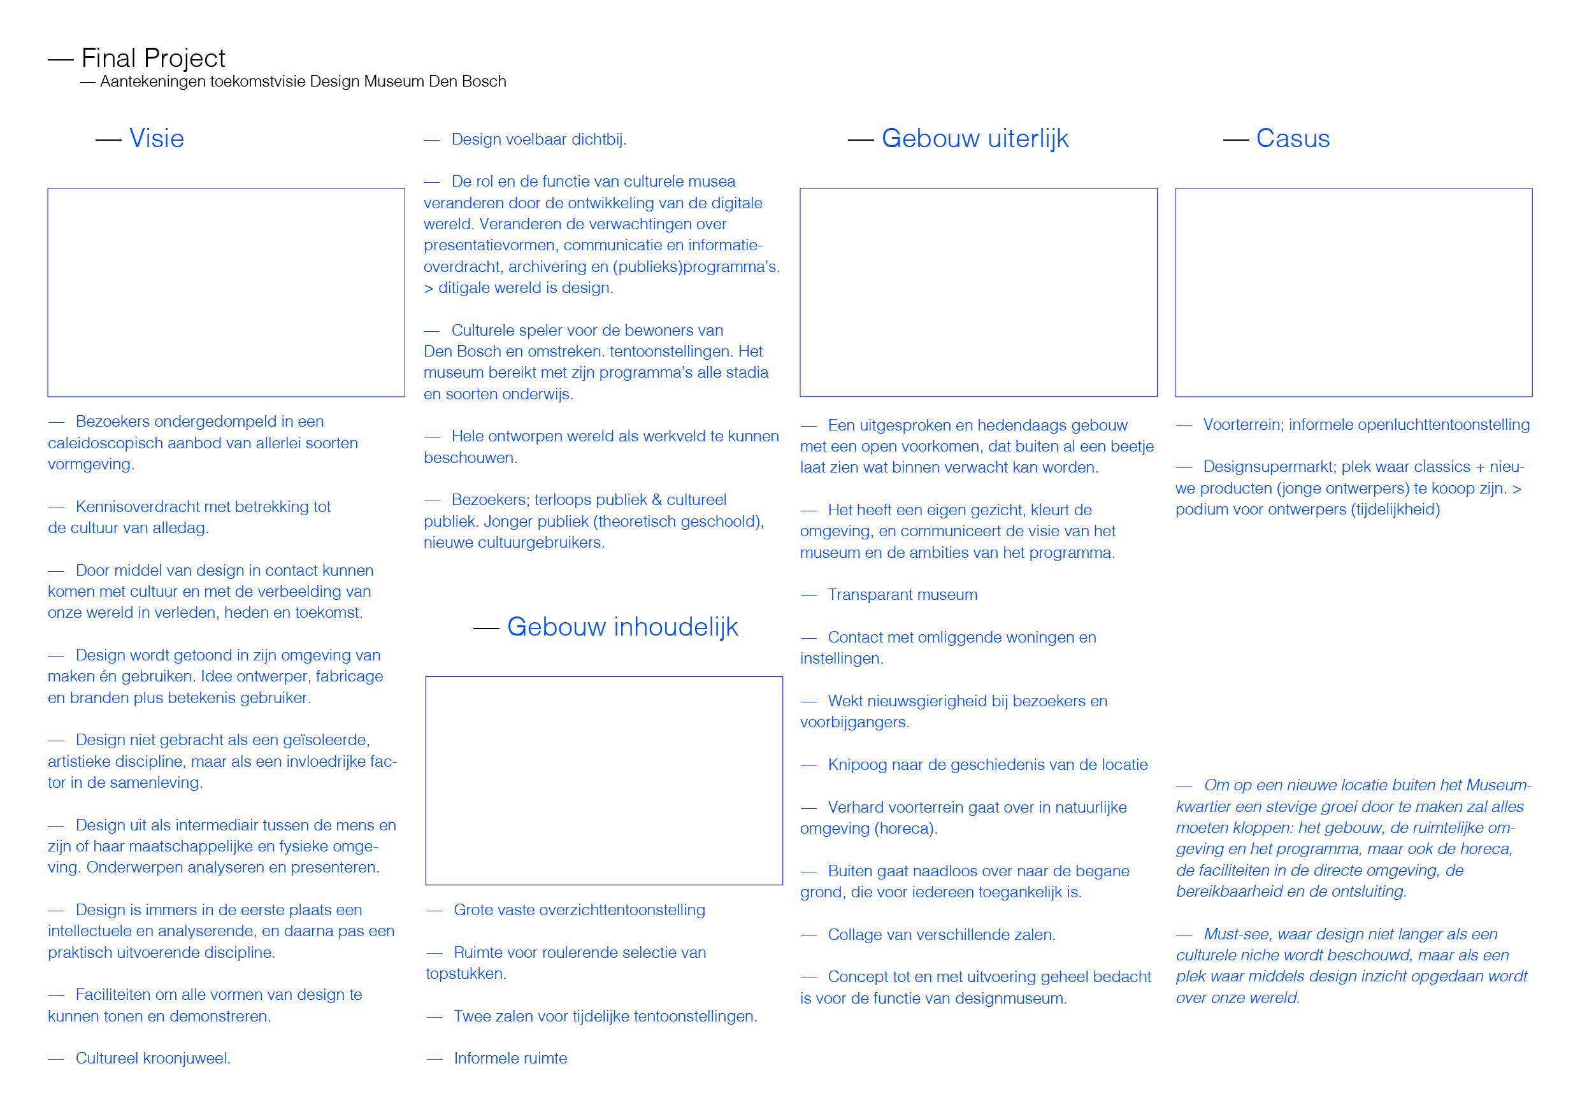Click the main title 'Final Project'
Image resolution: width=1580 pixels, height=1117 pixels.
[153, 59]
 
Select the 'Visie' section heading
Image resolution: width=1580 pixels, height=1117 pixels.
[157, 138]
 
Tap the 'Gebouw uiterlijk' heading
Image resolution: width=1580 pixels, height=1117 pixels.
[975, 138]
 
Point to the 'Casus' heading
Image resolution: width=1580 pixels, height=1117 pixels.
[1293, 138]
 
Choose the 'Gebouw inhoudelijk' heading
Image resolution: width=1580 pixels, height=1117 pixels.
[623, 627]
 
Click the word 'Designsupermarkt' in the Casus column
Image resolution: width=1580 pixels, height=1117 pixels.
[1270, 466]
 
